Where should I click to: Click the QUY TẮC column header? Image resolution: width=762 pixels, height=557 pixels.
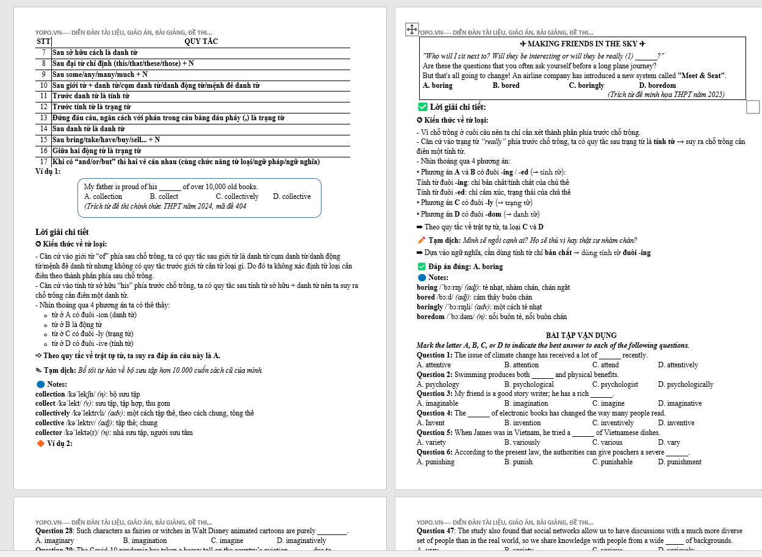(201, 41)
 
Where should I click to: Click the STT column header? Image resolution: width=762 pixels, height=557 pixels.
(43, 41)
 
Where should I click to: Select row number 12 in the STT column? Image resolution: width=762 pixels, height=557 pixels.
(44, 107)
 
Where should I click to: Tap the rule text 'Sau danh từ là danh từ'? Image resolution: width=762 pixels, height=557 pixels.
(88, 129)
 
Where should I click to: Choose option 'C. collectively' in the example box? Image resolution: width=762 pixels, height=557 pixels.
(237, 196)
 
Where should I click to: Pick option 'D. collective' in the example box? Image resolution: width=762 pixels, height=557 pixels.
(292, 196)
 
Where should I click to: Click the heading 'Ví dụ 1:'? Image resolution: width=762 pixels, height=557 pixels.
(48, 171)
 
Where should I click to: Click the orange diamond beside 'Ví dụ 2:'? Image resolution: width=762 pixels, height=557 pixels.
(41, 443)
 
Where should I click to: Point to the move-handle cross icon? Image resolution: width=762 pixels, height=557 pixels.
(411, 29)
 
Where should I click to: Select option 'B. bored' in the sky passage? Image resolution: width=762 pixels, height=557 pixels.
(506, 85)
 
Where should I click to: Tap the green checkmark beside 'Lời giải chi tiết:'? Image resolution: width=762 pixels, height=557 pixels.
(422, 107)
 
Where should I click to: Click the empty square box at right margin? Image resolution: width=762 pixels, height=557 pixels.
(753, 107)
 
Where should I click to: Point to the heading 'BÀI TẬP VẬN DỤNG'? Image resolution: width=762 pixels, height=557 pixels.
(581, 336)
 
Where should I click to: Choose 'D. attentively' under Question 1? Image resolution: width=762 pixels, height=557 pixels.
(678, 365)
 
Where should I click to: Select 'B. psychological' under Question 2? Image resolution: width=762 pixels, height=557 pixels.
(529, 384)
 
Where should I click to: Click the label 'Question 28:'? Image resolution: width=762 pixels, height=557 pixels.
(55, 531)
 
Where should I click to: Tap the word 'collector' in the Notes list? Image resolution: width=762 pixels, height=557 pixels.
(50, 433)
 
